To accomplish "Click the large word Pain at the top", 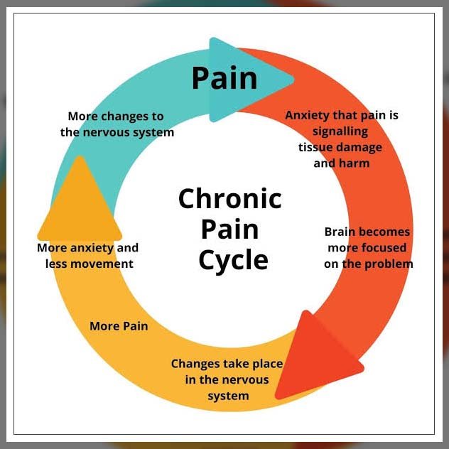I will point(224,78).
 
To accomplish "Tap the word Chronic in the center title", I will point(229,198).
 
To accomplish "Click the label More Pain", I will point(119,327).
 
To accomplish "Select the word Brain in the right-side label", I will point(340,232).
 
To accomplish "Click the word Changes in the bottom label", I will point(195,364).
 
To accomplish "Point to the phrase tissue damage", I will point(340,147).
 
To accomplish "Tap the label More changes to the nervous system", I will point(117,124).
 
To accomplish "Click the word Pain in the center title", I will point(229,229).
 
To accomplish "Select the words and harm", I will point(341,163).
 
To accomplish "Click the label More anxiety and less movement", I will point(87,256).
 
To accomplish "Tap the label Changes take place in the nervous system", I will point(227,379).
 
